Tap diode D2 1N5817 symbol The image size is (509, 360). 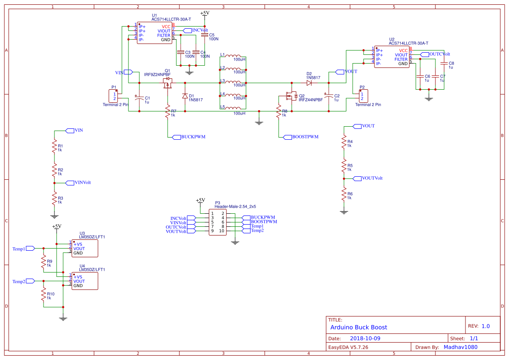309,82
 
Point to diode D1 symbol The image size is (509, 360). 185,96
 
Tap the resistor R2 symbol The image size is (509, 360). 54,169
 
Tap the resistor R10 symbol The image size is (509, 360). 44,296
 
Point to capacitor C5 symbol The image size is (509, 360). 205,35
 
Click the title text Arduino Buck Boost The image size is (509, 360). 358,327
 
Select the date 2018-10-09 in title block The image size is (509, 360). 365,338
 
